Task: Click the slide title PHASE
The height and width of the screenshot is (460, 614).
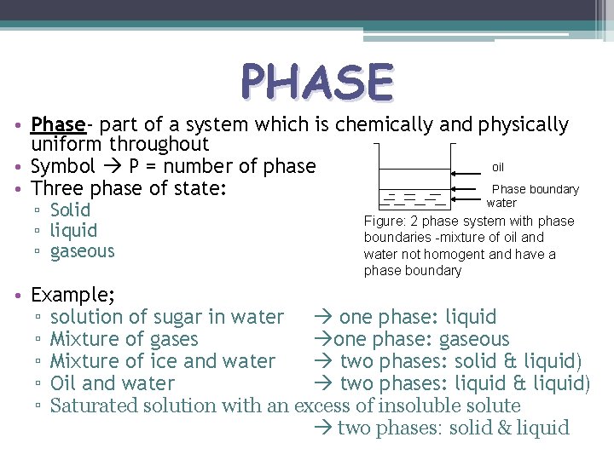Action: coord(317,83)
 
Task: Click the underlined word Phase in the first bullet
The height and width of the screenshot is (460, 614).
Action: coord(58,124)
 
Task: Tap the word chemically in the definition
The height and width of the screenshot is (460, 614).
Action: coord(384,124)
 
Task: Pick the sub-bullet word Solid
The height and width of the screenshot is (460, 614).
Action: coord(70,210)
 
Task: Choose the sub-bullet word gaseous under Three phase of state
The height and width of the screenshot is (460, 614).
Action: coord(82,250)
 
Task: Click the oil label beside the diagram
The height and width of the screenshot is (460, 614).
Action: coord(499,166)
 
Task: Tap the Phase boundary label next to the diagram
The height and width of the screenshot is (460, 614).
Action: coord(536,189)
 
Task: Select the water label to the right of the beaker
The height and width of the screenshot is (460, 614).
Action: coord(501,203)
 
